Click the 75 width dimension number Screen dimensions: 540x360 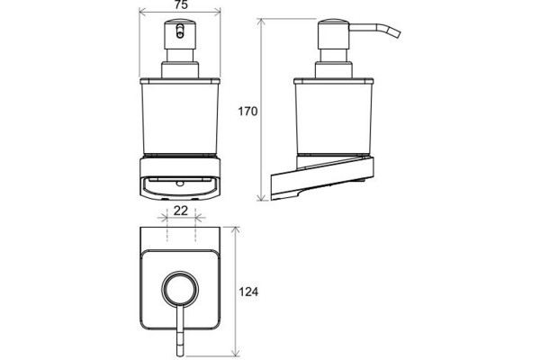coord(181,4)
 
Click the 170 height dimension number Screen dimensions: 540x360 coord(247,112)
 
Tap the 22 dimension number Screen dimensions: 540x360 coord(181,211)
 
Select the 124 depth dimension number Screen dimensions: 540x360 coord(248,292)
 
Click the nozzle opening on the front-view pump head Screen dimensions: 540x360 coord(180,31)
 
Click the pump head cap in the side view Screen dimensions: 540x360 coord(334,34)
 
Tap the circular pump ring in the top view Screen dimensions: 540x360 coord(180,289)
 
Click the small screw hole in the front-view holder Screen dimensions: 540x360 coord(180,184)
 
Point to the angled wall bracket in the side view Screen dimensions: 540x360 coord(322,178)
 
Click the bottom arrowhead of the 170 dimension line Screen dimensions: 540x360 coord(262,196)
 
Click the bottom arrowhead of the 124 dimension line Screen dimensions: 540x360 coord(235,351)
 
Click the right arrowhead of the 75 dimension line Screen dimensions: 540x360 coord(216,13)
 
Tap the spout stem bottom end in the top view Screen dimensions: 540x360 coord(180,355)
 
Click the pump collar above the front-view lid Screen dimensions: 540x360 coord(180,70)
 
